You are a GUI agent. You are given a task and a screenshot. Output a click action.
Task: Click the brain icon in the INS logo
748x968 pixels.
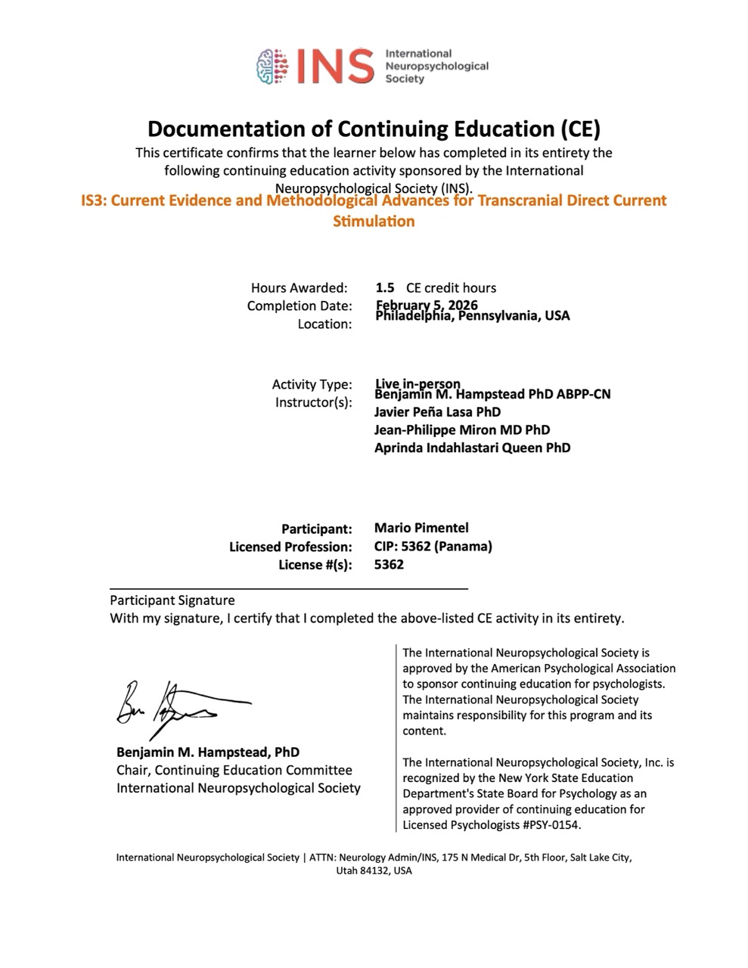(274, 66)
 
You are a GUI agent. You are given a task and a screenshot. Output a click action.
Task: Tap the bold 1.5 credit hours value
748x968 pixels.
(385, 287)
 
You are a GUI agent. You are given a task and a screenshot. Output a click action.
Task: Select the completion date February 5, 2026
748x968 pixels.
(427, 305)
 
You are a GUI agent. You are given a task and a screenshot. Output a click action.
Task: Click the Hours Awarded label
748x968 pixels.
(300, 287)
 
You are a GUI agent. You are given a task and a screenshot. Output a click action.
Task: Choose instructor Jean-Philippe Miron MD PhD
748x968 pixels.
(462, 430)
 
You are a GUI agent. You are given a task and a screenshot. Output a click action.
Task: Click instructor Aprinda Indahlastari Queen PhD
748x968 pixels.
(472, 448)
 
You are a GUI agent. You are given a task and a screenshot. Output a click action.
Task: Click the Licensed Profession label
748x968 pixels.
(290, 546)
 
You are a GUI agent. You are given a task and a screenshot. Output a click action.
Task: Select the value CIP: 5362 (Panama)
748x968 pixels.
(433, 546)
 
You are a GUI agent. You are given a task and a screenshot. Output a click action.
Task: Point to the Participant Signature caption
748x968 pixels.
(172, 600)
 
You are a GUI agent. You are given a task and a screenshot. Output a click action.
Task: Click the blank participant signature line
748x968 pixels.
(289, 587)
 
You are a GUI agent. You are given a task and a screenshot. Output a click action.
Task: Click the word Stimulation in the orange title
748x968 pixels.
(374, 222)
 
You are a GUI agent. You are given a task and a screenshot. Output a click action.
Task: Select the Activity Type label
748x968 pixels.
(312, 384)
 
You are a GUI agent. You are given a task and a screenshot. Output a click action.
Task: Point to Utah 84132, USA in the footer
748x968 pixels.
(374, 870)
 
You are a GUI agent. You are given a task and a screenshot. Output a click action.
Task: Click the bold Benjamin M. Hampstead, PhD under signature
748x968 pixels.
(208, 752)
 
